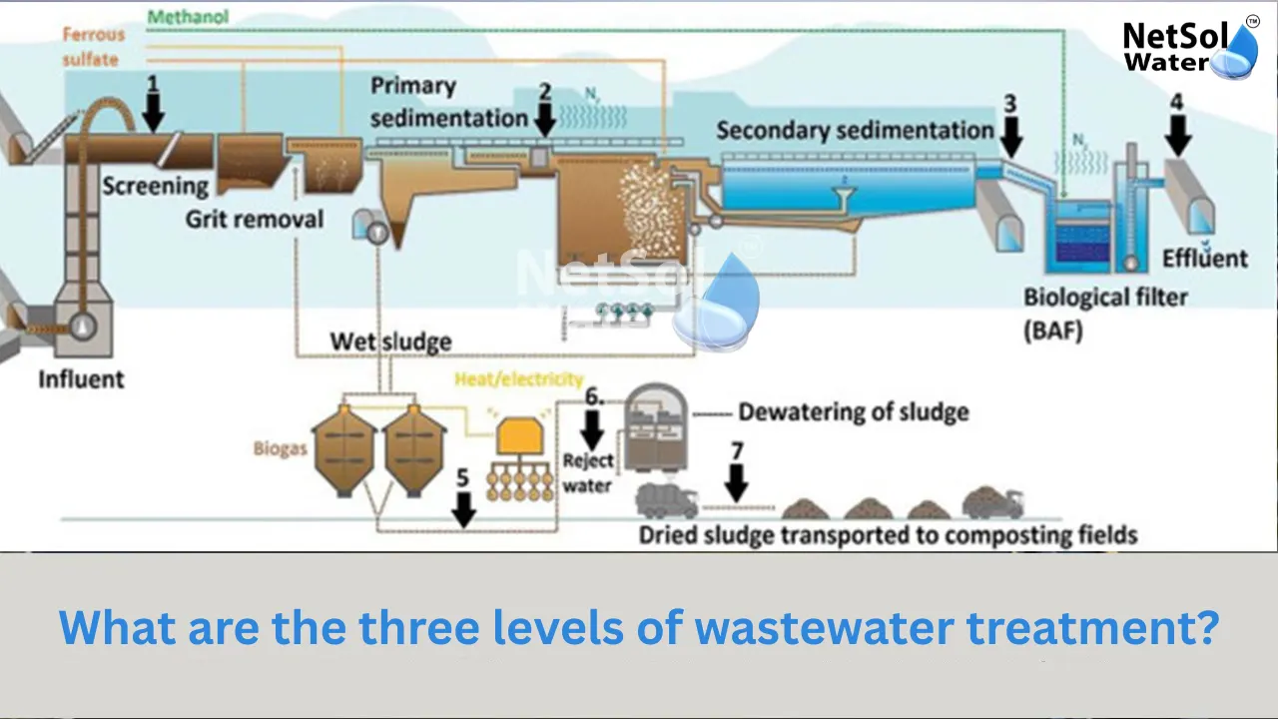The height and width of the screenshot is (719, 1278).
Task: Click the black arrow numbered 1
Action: [x=153, y=110]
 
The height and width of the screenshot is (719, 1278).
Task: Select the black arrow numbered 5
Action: [x=462, y=504]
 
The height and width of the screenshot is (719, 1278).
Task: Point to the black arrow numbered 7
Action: [x=736, y=477]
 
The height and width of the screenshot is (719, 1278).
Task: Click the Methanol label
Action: [x=188, y=17]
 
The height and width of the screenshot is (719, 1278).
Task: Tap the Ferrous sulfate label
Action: [x=93, y=47]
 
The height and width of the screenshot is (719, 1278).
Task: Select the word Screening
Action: [x=155, y=186]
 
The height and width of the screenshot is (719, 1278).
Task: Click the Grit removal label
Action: [x=255, y=219]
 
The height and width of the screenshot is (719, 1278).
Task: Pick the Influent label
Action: [x=81, y=379]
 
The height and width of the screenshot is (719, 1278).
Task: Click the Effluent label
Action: [x=1205, y=259]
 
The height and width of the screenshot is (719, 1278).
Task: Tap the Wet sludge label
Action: [x=390, y=342]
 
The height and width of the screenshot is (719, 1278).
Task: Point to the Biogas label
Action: [x=280, y=448]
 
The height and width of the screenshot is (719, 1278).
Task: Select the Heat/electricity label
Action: [x=518, y=379]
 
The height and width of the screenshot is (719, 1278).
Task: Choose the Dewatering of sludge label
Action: [x=853, y=411]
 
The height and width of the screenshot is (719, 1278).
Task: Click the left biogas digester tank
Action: [x=343, y=449]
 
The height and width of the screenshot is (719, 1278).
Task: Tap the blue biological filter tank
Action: [x=1077, y=240]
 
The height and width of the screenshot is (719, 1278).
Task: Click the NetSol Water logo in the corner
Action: [x=1188, y=48]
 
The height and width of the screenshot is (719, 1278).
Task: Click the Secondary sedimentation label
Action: [x=855, y=130]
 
